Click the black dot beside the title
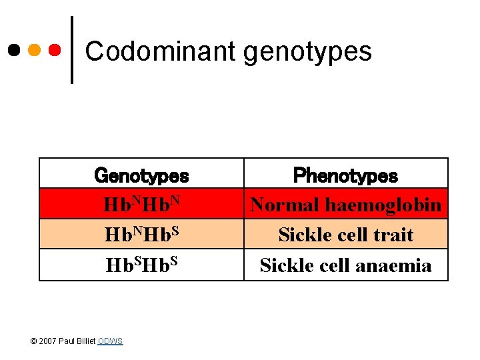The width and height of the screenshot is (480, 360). click(x=13, y=50)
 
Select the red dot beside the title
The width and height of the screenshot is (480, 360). click(x=55, y=50)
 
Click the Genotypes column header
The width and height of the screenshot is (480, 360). click(x=141, y=175)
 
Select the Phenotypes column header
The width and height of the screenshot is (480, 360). click(x=345, y=175)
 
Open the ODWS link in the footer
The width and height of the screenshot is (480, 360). click(x=110, y=341)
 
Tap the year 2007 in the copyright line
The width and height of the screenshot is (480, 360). click(x=47, y=341)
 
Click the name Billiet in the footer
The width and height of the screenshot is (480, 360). click(x=85, y=341)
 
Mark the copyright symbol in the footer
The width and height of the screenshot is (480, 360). click(x=34, y=341)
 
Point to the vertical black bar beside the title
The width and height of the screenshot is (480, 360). click(x=71, y=50)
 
